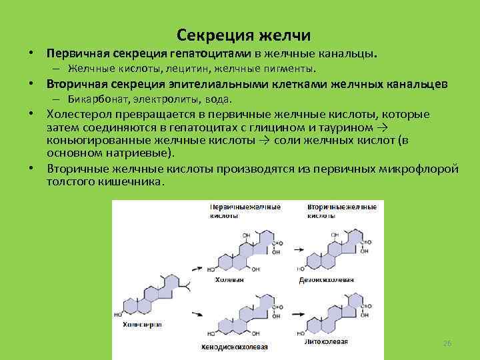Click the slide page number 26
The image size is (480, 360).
(447, 343)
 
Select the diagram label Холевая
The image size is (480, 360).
(229, 279)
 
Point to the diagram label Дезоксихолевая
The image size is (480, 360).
(331, 280)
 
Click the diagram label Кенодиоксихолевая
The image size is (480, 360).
(234, 347)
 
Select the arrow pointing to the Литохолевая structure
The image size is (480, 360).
(293, 317)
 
